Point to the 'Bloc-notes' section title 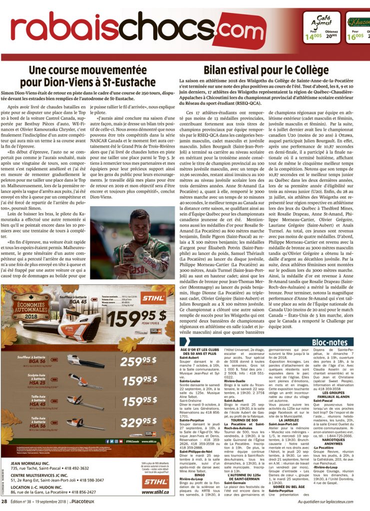tap(329, 343)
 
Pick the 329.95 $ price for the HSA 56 tap(130, 423)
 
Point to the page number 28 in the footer tap(4, 501)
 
